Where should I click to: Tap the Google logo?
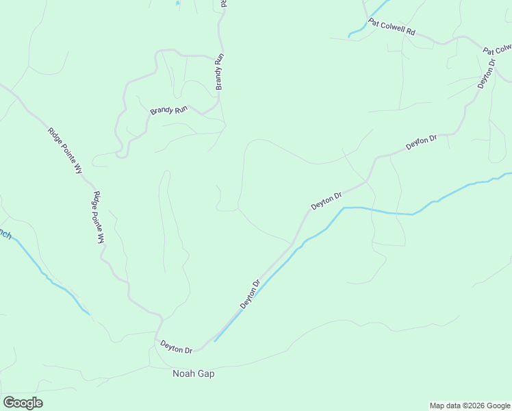point(23,403)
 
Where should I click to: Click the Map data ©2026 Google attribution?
point(470,406)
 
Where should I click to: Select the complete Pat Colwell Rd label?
point(392,27)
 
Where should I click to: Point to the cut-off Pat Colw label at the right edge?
point(498,50)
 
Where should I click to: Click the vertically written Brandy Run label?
point(220,72)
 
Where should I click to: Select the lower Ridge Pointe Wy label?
point(99,217)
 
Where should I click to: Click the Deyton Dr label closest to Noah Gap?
point(177,348)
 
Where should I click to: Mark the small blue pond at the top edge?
point(177,3)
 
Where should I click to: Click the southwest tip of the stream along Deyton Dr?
point(215,340)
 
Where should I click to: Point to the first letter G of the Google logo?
point(9,403)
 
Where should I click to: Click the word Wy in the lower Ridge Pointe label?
point(101,238)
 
